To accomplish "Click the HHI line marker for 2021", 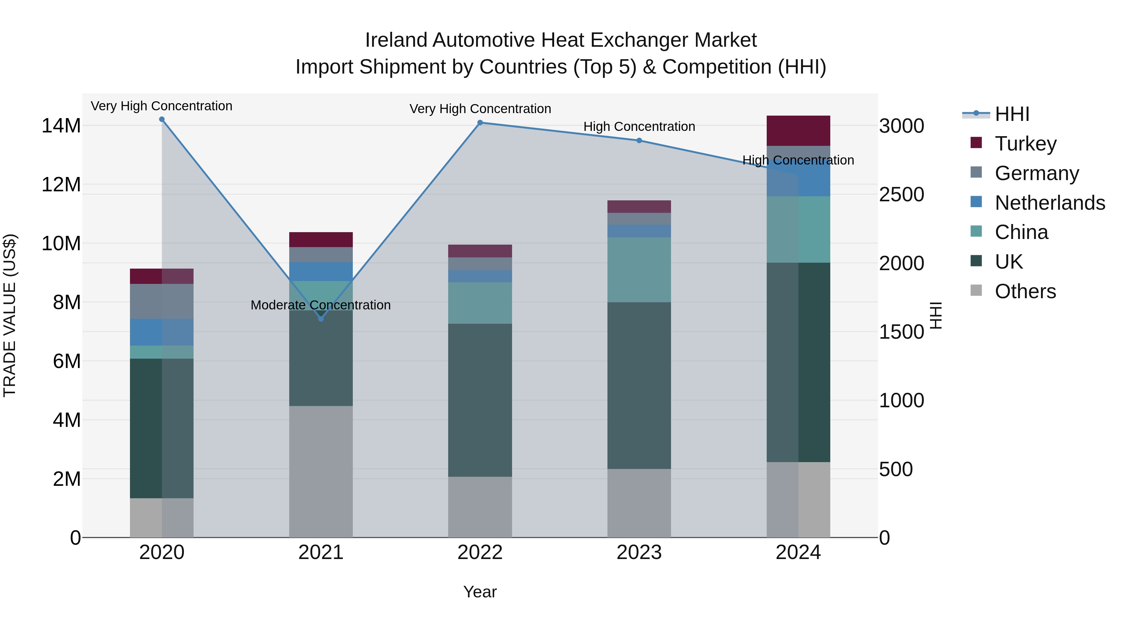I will pyautogui.click(x=321, y=319).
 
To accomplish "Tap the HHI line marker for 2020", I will pyautogui.click(x=161, y=119).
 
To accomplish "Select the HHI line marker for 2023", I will pyautogui.click(x=639, y=140).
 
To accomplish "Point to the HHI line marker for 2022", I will pyautogui.click(x=480, y=123).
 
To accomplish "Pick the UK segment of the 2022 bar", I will pyautogui.click(x=480, y=400).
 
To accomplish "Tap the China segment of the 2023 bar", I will pyautogui.click(x=639, y=270).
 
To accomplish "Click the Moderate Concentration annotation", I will pyautogui.click(x=321, y=305).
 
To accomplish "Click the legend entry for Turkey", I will pyautogui.click(x=1026, y=144).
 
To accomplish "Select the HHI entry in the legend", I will pyautogui.click(x=1012, y=114).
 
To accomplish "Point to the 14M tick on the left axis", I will pyautogui.click(x=61, y=126).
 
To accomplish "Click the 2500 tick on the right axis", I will pyautogui.click(x=901, y=195).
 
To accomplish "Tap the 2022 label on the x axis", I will pyautogui.click(x=480, y=552).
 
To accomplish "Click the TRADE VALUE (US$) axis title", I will pyautogui.click(x=10, y=315).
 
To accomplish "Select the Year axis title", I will pyautogui.click(x=480, y=592).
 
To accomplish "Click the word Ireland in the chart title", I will pyautogui.click(x=396, y=40).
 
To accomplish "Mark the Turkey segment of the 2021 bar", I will pyautogui.click(x=321, y=240).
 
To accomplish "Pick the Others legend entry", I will pyautogui.click(x=1025, y=291).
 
